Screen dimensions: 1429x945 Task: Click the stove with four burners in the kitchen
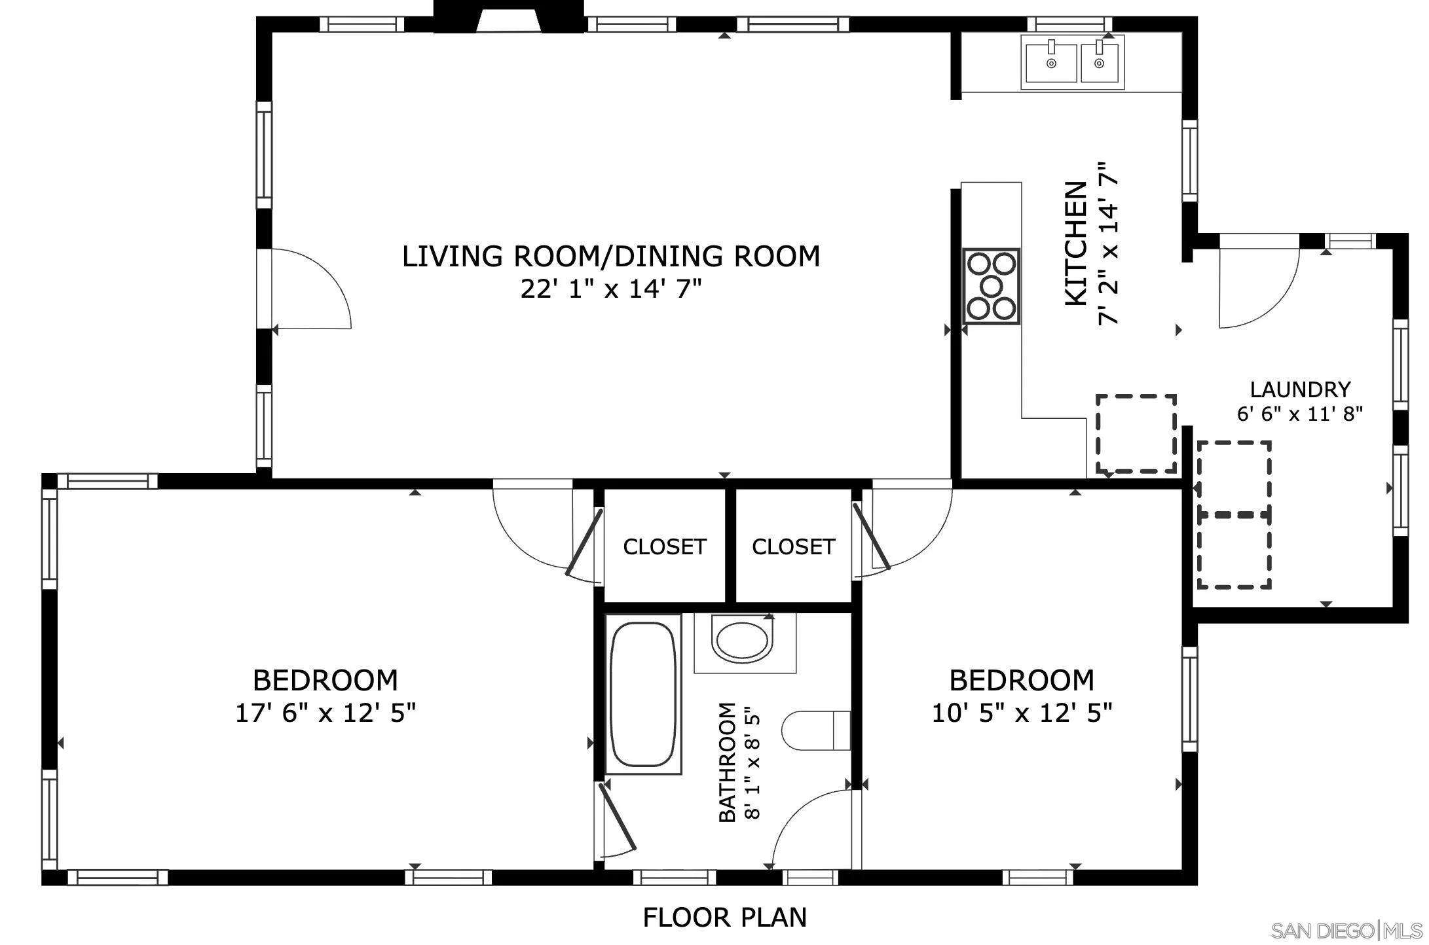(x=992, y=286)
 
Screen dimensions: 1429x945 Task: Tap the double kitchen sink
(x=1072, y=62)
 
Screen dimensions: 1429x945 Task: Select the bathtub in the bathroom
(x=642, y=694)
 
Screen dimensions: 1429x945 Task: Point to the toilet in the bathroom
(x=816, y=730)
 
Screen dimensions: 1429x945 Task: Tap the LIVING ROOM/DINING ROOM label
(x=611, y=256)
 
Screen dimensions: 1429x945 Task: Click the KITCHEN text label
(x=1076, y=243)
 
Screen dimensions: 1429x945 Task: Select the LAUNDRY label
(x=1300, y=389)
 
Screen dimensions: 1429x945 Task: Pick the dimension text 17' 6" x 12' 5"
(x=325, y=713)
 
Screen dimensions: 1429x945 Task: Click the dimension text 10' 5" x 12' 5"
(x=1022, y=713)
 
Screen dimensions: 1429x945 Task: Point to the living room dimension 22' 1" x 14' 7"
(x=611, y=289)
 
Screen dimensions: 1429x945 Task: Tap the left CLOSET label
(x=665, y=546)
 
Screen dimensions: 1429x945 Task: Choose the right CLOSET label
(x=794, y=546)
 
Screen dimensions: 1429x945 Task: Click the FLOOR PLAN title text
(x=724, y=918)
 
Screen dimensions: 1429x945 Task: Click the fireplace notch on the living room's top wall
(x=508, y=16)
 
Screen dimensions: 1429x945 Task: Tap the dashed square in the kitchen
(x=1136, y=433)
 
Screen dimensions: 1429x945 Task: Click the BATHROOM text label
(x=728, y=762)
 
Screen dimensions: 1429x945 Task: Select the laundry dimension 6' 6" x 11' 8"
(x=1300, y=414)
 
